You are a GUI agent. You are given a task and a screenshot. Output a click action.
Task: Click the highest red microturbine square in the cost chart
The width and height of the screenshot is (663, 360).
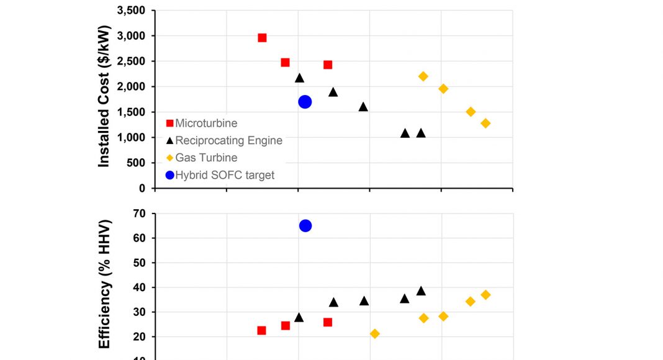click(x=262, y=38)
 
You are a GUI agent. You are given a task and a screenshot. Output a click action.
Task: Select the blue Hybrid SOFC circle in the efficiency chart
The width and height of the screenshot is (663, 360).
click(x=305, y=225)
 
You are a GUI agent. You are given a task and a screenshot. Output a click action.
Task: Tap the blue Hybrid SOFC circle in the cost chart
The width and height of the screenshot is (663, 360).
click(x=305, y=102)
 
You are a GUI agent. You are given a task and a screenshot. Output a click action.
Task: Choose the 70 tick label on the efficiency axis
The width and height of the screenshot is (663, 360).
click(x=139, y=214)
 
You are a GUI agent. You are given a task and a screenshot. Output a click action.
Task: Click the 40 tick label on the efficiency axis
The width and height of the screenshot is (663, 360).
click(x=139, y=287)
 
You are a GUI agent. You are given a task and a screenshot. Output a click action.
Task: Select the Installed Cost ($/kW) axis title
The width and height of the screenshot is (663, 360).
click(x=104, y=96)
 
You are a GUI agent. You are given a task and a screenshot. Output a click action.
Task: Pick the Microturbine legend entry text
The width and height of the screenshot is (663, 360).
click(x=206, y=124)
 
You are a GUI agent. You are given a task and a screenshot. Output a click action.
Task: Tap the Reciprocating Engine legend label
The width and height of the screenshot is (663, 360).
click(x=228, y=141)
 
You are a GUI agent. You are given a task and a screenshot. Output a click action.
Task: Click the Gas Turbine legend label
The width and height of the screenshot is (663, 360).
click(x=206, y=158)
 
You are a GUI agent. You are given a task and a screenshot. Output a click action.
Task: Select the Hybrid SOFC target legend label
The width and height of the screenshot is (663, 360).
click(x=225, y=175)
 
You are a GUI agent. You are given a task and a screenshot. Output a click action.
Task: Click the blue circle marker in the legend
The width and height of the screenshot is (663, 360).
click(x=169, y=175)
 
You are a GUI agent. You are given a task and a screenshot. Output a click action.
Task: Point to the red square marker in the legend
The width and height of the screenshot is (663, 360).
click(x=169, y=124)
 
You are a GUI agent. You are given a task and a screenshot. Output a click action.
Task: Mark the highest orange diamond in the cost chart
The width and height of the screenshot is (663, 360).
click(x=423, y=76)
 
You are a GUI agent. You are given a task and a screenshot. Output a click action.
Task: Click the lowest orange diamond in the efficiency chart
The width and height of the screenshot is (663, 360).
click(x=375, y=334)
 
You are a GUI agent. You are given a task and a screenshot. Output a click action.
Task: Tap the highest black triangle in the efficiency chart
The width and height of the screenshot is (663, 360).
click(x=421, y=290)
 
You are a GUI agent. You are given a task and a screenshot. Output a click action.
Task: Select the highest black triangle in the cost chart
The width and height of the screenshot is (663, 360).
click(x=299, y=78)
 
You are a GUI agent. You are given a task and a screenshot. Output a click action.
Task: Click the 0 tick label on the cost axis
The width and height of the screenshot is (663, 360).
click(x=142, y=188)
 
